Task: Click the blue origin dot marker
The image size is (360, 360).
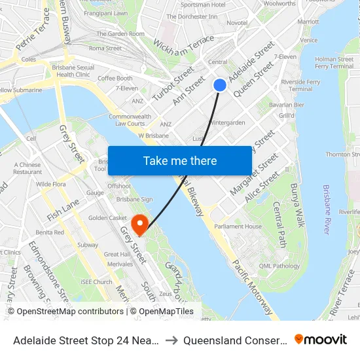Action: [220, 84]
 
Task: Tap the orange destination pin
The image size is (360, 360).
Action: [139, 223]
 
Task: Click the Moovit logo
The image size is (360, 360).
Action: [321, 339]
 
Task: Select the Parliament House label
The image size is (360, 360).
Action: [238, 226]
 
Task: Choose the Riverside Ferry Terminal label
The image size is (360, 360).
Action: [300, 84]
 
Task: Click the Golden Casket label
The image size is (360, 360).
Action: [107, 217]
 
